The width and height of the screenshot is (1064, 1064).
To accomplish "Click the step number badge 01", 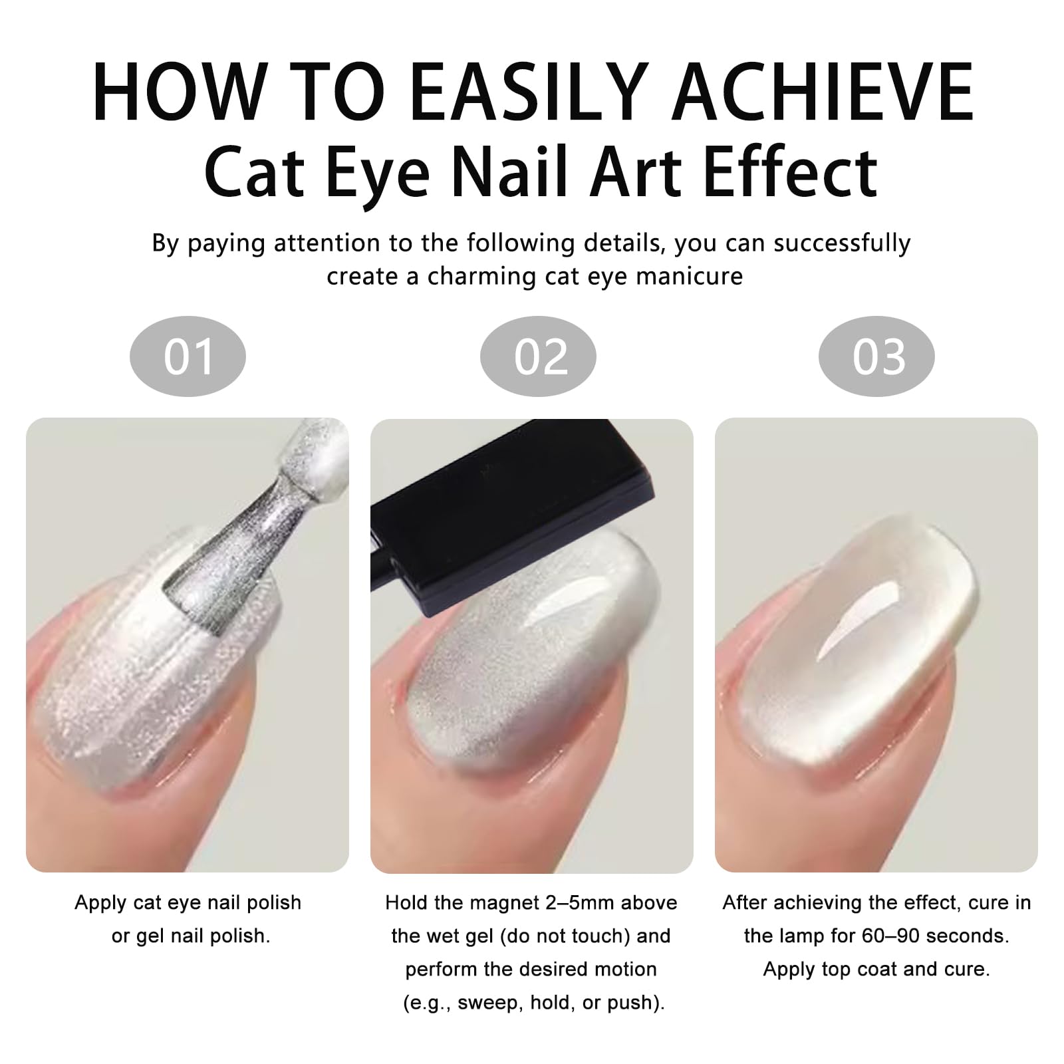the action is coord(188,356).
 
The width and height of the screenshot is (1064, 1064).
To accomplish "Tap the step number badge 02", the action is coord(538,356).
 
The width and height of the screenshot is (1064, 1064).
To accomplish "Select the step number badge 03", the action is coord(876,356).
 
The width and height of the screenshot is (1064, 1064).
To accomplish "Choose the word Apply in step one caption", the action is coord(100,904).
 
